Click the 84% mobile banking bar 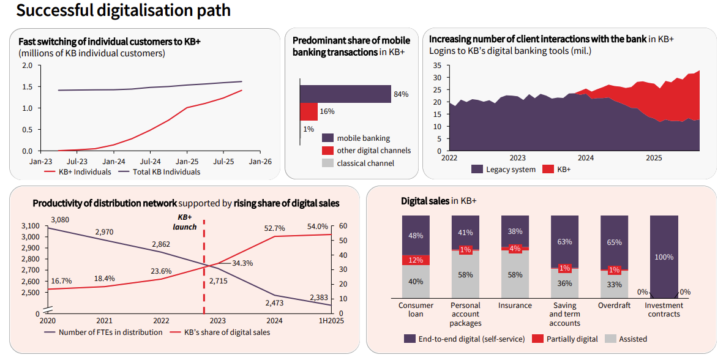[x=345, y=94]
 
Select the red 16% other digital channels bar [x=309, y=111]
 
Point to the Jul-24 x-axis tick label [x=150, y=162]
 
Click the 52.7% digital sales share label [x=275, y=228]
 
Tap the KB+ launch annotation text [x=185, y=222]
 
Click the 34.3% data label [x=242, y=263]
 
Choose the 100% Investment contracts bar [x=664, y=257]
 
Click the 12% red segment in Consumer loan [x=416, y=260]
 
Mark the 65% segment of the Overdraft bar [x=614, y=242]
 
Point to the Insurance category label [x=515, y=306]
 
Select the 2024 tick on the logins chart [x=586, y=158]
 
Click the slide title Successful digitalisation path [x=124, y=10]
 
